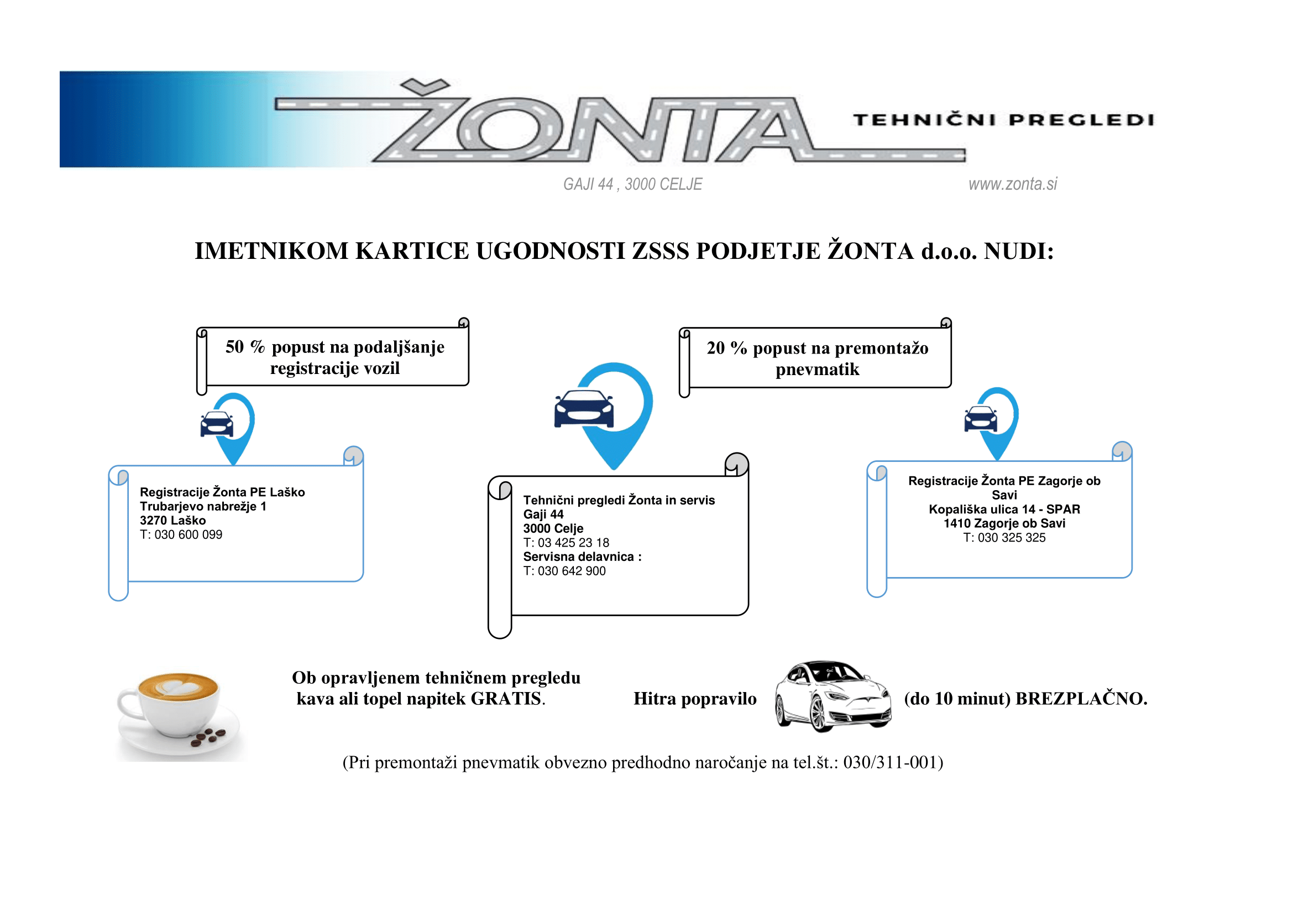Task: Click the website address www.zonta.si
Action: (1013, 184)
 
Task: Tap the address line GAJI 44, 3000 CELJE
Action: (632, 184)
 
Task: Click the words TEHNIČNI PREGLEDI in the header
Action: (1003, 120)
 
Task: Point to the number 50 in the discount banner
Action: (235, 346)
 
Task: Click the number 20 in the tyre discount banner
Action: (716, 347)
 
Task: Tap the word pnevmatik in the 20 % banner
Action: (817, 370)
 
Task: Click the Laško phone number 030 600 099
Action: (188, 534)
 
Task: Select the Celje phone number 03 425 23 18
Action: (573, 543)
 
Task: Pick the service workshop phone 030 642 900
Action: (572, 571)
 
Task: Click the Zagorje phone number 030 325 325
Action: (1012, 538)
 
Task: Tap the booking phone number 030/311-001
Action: (893, 762)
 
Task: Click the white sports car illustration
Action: (833, 696)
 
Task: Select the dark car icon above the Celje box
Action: (584, 408)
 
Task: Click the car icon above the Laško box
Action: (217, 424)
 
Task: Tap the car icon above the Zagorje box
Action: (981, 419)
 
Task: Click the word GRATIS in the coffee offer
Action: (506, 699)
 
